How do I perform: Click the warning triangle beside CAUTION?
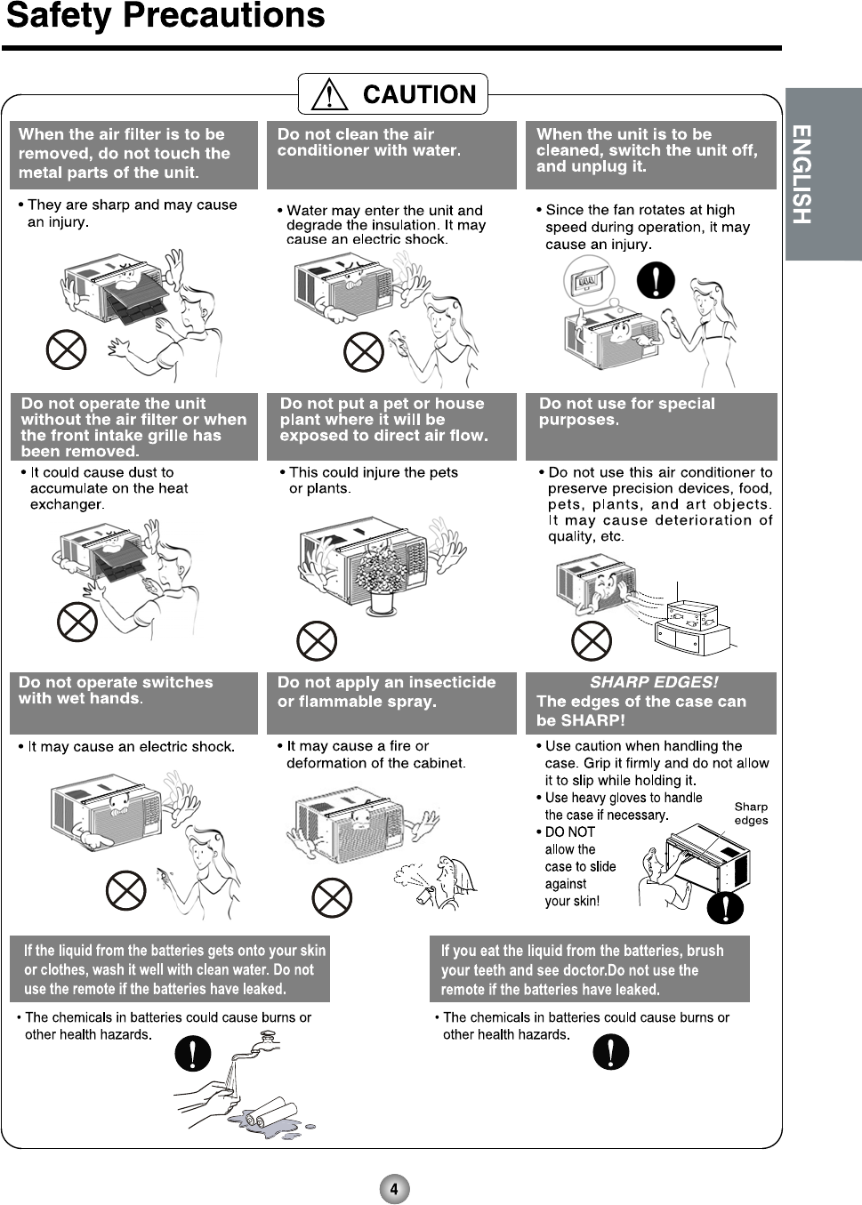[x=330, y=94]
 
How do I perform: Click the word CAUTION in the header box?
[x=419, y=94]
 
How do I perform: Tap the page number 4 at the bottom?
[x=394, y=1189]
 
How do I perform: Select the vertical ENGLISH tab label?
[x=802, y=174]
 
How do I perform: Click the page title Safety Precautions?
[x=165, y=16]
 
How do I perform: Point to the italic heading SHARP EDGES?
[x=654, y=682]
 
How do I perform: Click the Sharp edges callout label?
[x=751, y=814]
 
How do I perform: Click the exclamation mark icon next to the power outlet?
[x=656, y=280]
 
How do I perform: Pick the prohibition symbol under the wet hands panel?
[x=125, y=889]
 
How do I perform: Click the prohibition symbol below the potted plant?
[x=316, y=640]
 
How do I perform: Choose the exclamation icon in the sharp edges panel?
[x=726, y=906]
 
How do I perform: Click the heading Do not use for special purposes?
[x=626, y=412]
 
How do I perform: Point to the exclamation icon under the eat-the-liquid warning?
[x=610, y=1052]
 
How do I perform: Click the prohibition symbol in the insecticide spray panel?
[x=332, y=897]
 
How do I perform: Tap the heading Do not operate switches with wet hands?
[x=116, y=690]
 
